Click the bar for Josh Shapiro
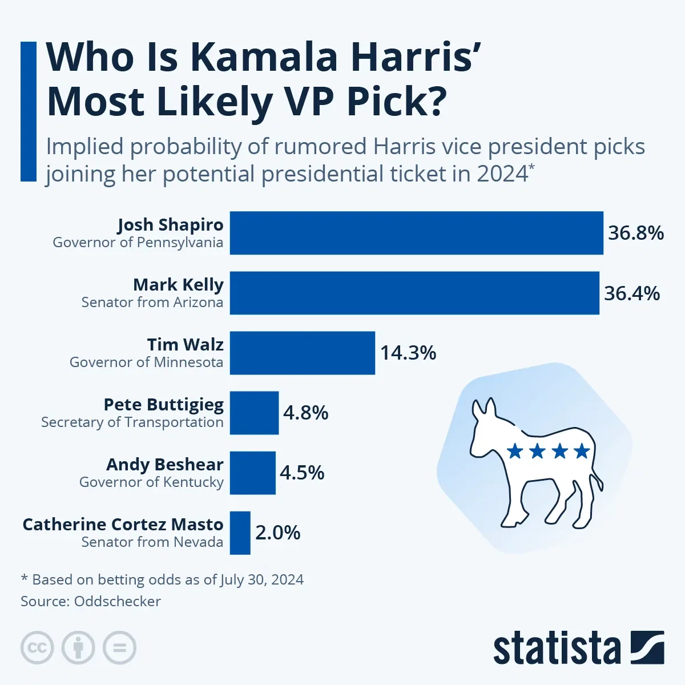click(x=416, y=233)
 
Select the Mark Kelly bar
click(x=414, y=293)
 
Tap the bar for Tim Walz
click(x=303, y=353)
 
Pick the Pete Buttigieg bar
click(x=254, y=413)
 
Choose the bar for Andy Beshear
click(x=252, y=473)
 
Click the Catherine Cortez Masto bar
click(x=240, y=533)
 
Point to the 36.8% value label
click(x=635, y=233)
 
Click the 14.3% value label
click(x=408, y=353)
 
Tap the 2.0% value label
click(x=277, y=533)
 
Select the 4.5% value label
click(x=302, y=473)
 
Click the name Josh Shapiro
click(x=170, y=225)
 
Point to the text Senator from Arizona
click(x=152, y=302)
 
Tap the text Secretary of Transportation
click(x=132, y=422)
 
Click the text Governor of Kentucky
click(x=151, y=482)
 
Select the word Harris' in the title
click(x=411, y=57)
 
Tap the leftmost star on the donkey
click(x=515, y=452)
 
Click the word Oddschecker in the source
click(x=118, y=601)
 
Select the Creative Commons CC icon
click(x=37, y=648)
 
